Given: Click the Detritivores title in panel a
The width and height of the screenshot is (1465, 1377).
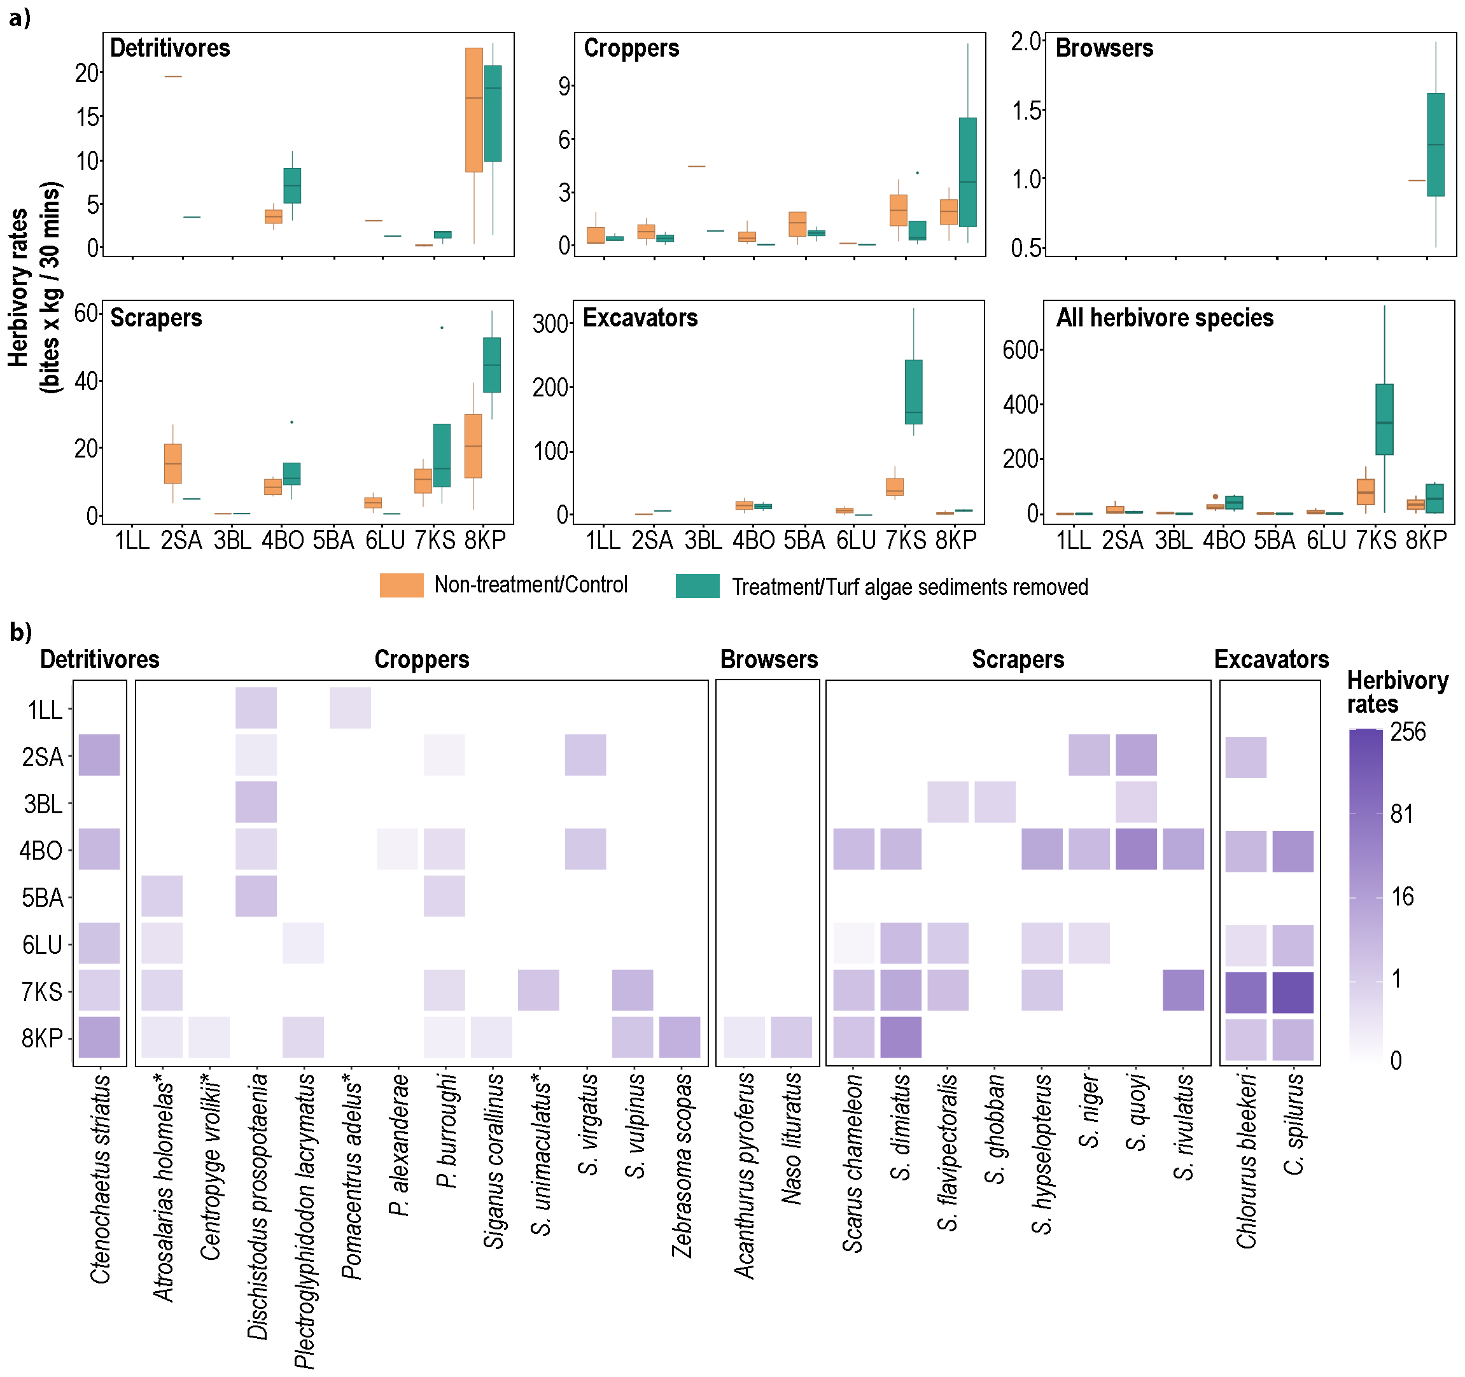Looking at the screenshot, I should click(169, 48).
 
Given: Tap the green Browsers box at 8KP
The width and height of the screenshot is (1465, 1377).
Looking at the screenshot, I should click(1435, 144).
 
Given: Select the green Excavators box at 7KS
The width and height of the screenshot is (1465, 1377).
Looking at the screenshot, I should click(913, 392).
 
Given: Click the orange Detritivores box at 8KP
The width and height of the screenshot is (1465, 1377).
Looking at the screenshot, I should click(474, 110).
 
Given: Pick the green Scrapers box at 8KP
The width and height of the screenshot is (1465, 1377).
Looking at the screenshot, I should click(491, 365).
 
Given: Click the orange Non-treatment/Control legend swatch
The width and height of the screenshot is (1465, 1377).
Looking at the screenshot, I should click(402, 585).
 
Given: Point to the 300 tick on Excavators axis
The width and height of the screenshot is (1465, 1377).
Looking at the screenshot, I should click(551, 323).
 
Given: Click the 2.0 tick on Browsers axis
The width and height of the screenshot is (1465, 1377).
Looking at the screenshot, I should click(1027, 42).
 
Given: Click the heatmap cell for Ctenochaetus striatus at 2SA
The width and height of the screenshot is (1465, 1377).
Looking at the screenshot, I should click(99, 755).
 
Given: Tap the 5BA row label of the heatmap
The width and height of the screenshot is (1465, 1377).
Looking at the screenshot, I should click(42, 898).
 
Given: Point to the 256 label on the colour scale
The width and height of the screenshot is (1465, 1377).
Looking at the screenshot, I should click(1408, 732).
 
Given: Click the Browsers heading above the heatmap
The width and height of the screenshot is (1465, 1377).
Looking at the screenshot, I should click(769, 659).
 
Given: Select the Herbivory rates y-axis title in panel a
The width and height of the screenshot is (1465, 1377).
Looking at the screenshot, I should click(34, 288).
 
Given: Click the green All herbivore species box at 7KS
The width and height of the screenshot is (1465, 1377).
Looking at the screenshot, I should click(1384, 419).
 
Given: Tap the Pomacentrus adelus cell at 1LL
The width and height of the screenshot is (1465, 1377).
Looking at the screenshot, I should click(350, 708).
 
